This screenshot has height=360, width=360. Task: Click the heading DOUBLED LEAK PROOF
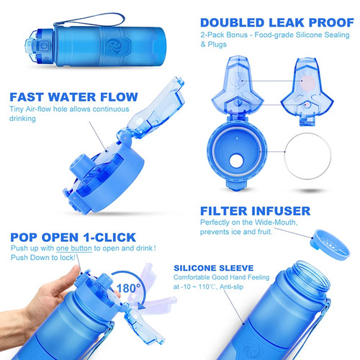pos(277,23)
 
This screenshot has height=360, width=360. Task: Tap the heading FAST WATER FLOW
pos(73,97)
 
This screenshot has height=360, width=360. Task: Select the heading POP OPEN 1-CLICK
pos(73,238)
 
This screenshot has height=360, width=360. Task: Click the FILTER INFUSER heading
pos(255,211)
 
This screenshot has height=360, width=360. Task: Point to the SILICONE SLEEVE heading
pos(214,268)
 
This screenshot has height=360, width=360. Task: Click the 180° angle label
pos(128,288)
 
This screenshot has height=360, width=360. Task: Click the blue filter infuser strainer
pos(330,245)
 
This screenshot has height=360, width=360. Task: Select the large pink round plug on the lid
pos(307,82)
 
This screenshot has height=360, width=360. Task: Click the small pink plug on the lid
pos(307,104)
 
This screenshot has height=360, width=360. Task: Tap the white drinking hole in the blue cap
pos(236,161)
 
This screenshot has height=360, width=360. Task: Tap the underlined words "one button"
pos(74,248)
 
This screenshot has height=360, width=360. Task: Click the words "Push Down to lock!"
pos(43,258)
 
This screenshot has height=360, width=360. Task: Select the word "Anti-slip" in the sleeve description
pos(231,287)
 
